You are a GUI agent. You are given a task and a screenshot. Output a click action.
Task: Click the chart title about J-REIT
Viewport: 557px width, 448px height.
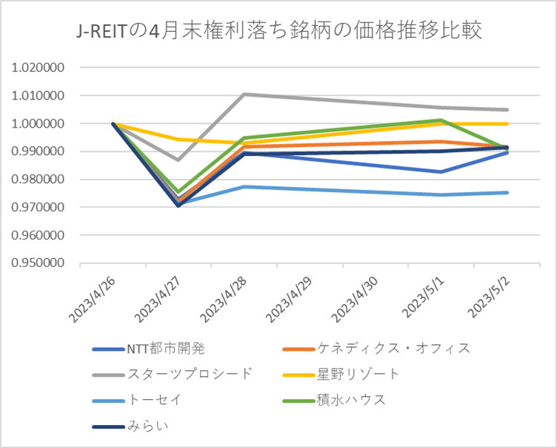(280, 30)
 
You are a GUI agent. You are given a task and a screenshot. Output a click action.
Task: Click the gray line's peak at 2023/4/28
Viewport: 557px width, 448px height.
(244, 94)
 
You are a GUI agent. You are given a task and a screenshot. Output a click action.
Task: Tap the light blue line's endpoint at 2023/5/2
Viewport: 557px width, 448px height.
(507, 192)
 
